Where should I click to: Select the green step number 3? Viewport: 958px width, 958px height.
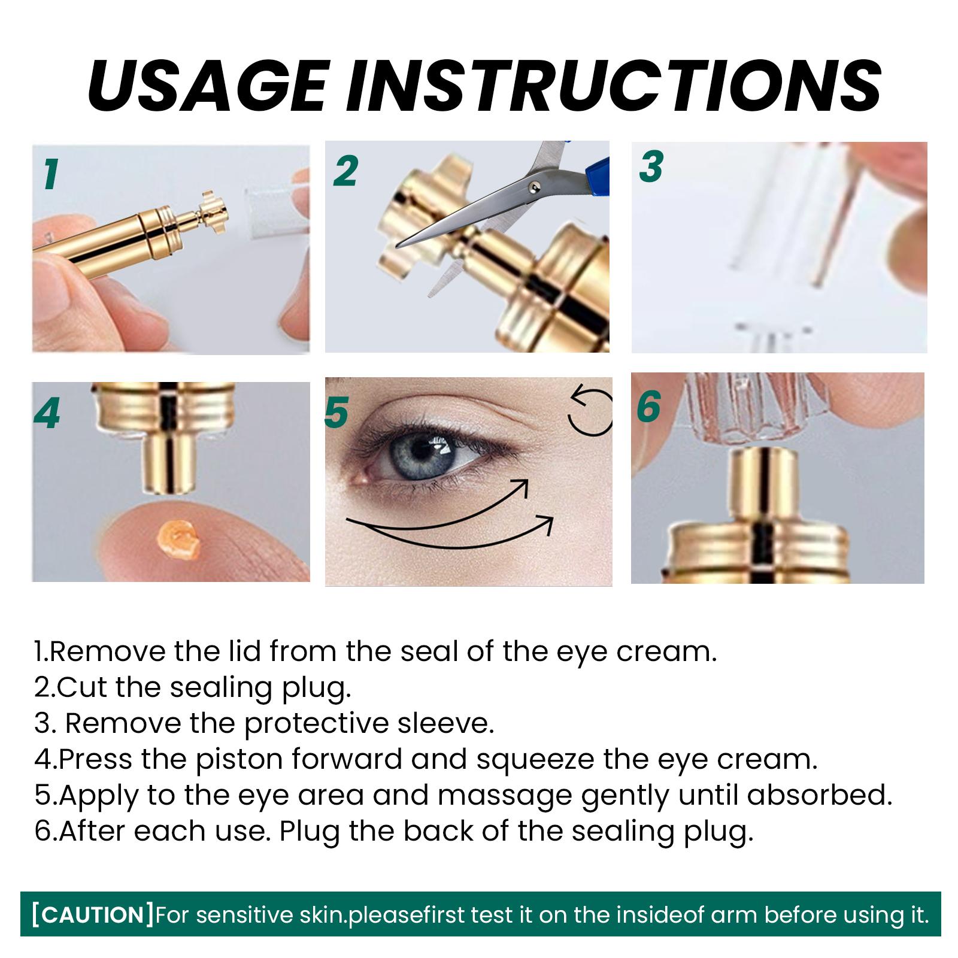point(651,166)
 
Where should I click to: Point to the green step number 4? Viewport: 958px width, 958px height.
point(47,413)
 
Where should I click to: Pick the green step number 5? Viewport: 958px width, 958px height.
point(337,413)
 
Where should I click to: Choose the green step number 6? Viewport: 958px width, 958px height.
point(648,407)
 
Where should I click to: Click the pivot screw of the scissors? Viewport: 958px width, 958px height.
point(533,189)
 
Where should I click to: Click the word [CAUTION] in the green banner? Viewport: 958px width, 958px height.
point(93,915)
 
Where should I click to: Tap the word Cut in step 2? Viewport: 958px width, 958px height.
point(83,687)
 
